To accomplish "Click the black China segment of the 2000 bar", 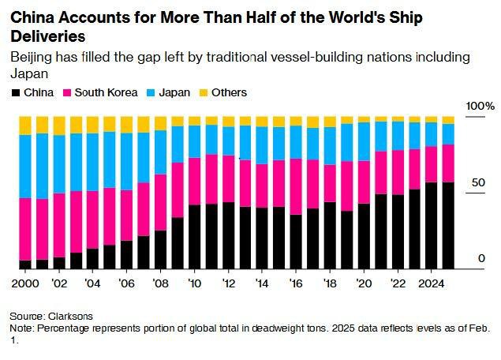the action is click(x=25, y=264).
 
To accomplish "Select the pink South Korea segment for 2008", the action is click(x=160, y=202).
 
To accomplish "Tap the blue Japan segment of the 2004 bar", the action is click(x=92, y=162).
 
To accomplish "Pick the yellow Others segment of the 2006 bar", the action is click(x=126, y=125).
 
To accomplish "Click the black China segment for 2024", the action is click(x=432, y=226).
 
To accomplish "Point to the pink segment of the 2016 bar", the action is click(x=296, y=187).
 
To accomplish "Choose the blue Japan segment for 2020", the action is click(x=364, y=141).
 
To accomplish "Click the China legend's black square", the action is click(x=16, y=93).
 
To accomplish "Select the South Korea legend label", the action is click(x=106, y=92).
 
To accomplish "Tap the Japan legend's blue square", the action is click(x=151, y=93).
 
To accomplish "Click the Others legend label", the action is click(x=229, y=92).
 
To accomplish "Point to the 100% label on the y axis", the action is click(x=480, y=106).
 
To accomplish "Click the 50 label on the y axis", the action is click(x=478, y=183).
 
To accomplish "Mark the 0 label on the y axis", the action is click(x=481, y=258).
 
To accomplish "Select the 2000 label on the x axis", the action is click(x=25, y=283).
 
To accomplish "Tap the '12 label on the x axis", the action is click(x=229, y=283).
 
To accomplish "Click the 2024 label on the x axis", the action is click(x=432, y=283).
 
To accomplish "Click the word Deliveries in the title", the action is click(x=48, y=36).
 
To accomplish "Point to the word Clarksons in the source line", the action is click(x=70, y=317).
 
